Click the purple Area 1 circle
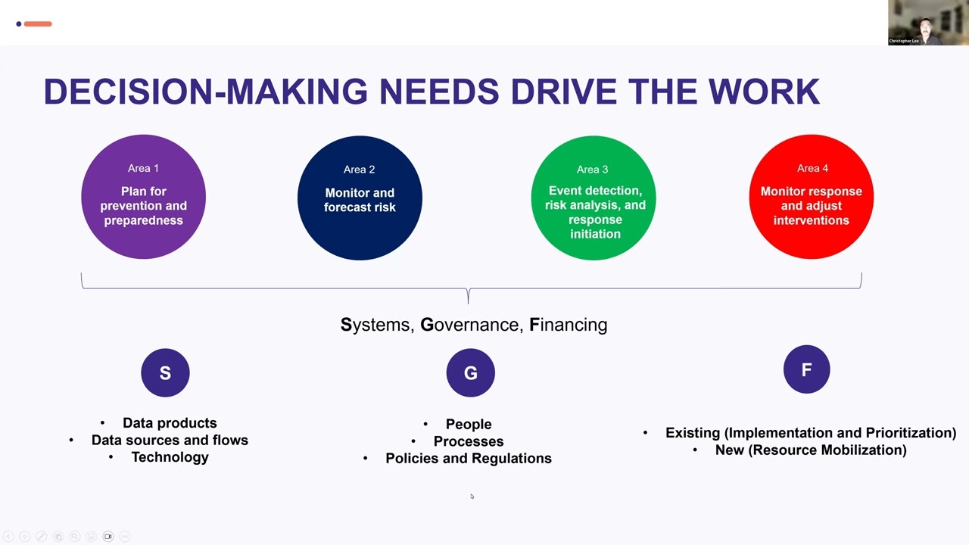(144, 197)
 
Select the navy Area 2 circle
(360, 198)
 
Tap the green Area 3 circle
(594, 198)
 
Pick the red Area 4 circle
(812, 197)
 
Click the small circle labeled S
(165, 373)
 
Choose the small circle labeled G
(471, 373)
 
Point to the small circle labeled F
(807, 369)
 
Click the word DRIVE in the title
(564, 92)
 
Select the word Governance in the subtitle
(469, 325)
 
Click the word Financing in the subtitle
(569, 325)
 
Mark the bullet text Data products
(170, 423)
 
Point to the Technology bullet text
(170, 457)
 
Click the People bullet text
(469, 425)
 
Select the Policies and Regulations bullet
(469, 459)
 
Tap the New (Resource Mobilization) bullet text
(811, 450)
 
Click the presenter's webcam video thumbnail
(928, 23)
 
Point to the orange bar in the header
(38, 23)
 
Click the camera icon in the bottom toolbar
(108, 537)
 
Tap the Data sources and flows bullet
(170, 441)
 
